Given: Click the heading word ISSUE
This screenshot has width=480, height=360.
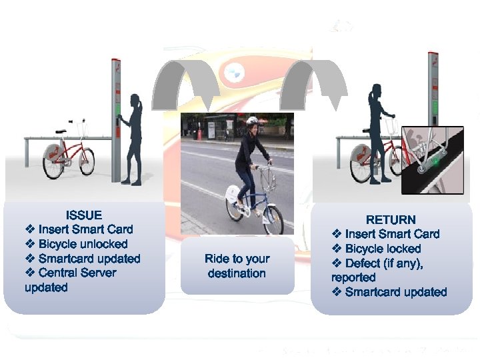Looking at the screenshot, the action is click(84, 215).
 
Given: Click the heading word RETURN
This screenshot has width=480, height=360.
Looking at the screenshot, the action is click(391, 219).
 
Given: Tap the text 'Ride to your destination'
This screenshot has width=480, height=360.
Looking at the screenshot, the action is click(237, 265).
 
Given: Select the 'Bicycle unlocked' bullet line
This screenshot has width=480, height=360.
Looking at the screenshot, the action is click(83, 244).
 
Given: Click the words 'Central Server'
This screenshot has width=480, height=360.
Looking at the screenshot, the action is click(77, 273).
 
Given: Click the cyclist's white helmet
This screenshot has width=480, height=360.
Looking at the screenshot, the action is click(252, 121).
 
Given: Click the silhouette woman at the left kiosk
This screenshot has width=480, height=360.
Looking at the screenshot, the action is click(132, 140).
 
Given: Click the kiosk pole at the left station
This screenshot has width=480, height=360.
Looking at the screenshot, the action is click(115, 120).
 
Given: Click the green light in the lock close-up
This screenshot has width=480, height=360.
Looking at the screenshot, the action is click(435, 161).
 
